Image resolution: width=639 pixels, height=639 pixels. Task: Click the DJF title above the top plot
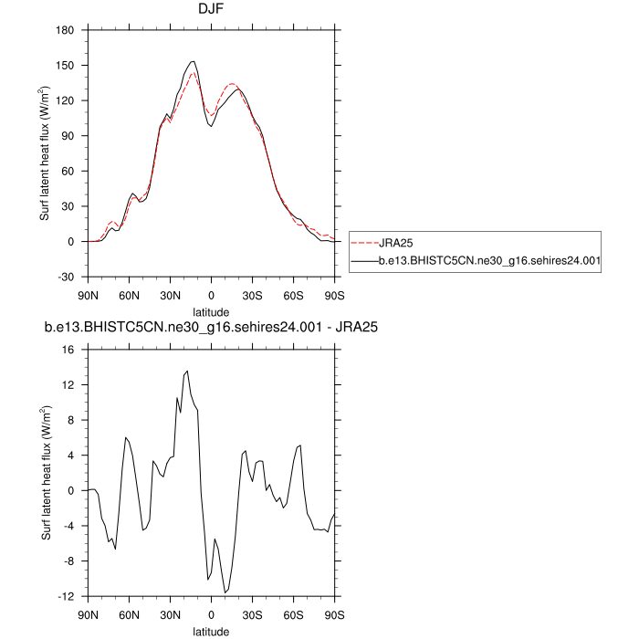coord(212,11)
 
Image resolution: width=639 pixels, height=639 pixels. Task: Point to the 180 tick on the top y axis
coord(65,31)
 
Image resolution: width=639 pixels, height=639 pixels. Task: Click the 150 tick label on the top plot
coord(65,66)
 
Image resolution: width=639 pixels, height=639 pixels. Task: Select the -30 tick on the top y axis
coord(66,277)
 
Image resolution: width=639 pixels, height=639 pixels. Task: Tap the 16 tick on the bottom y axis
coord(68,350)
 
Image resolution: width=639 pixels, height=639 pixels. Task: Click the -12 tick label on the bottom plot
coord(66,596)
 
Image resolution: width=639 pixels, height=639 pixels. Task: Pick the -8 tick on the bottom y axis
coord(68,561)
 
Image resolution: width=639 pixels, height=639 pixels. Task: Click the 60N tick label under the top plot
coord(129,295)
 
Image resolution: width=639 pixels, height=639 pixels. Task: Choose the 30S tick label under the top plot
coord(252,295)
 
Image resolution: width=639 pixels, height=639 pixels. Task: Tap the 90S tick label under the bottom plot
coord(334,614)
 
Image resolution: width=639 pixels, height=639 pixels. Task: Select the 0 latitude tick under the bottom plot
coord(212,614)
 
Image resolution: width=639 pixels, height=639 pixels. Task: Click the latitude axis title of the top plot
coord(211,310)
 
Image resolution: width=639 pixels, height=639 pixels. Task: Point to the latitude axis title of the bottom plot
coord(211,631)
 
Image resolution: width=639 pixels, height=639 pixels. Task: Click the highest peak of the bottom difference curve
coord(187,372)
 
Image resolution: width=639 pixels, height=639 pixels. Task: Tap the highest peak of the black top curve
coord(193,61)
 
